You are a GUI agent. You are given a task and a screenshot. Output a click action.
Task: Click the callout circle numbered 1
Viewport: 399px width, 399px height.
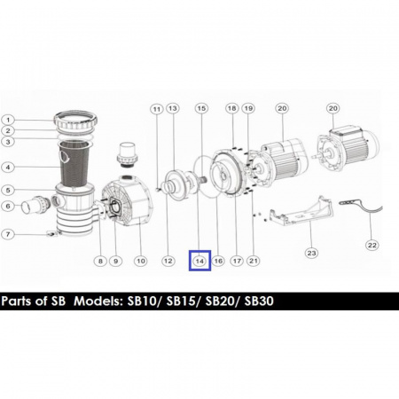click(x=8, y=120)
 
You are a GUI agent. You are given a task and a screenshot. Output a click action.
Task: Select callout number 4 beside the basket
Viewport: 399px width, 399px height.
click(x=8, y=166)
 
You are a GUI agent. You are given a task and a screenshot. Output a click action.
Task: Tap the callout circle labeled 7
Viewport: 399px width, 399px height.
click(x=8, y=234)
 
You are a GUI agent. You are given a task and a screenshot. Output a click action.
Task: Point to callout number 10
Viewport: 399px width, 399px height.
click(x=139, y=261)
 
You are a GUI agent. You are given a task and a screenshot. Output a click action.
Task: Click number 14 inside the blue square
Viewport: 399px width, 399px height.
click(x=199, y=261)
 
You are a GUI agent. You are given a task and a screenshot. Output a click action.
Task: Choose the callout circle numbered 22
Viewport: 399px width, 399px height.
click(x=372, y=245)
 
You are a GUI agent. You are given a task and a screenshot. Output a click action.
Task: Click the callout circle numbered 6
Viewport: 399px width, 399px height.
click(x=8, y=207)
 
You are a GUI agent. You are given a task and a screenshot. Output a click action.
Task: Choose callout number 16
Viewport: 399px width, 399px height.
click(x=218, y=261)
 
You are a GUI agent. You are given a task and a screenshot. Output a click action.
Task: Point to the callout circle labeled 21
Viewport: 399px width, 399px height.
click(x=254, y=261)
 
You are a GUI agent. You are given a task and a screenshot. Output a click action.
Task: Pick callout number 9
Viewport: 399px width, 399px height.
click(x=115, y=261)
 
